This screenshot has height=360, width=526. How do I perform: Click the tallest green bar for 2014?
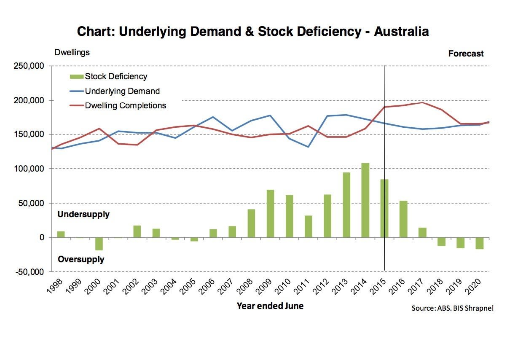click(x=365, y=200)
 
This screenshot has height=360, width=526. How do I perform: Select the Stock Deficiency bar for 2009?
click(x=270, y=213)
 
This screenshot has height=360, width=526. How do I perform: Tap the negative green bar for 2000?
click(x=99, y=244)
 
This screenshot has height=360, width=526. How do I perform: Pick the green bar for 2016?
click(x=403, y=219)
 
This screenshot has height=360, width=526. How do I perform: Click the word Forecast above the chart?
click(x=466, y=54)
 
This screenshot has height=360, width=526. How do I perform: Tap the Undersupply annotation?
click(x=83, y=215)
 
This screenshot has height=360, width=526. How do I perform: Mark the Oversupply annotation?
click(x=81, y=259)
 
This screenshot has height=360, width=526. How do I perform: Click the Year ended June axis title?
click(x=270, y=306)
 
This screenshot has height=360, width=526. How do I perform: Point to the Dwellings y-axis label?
click(x=72, y=53)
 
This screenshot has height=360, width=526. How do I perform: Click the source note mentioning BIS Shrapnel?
click(x=452, y=308)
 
